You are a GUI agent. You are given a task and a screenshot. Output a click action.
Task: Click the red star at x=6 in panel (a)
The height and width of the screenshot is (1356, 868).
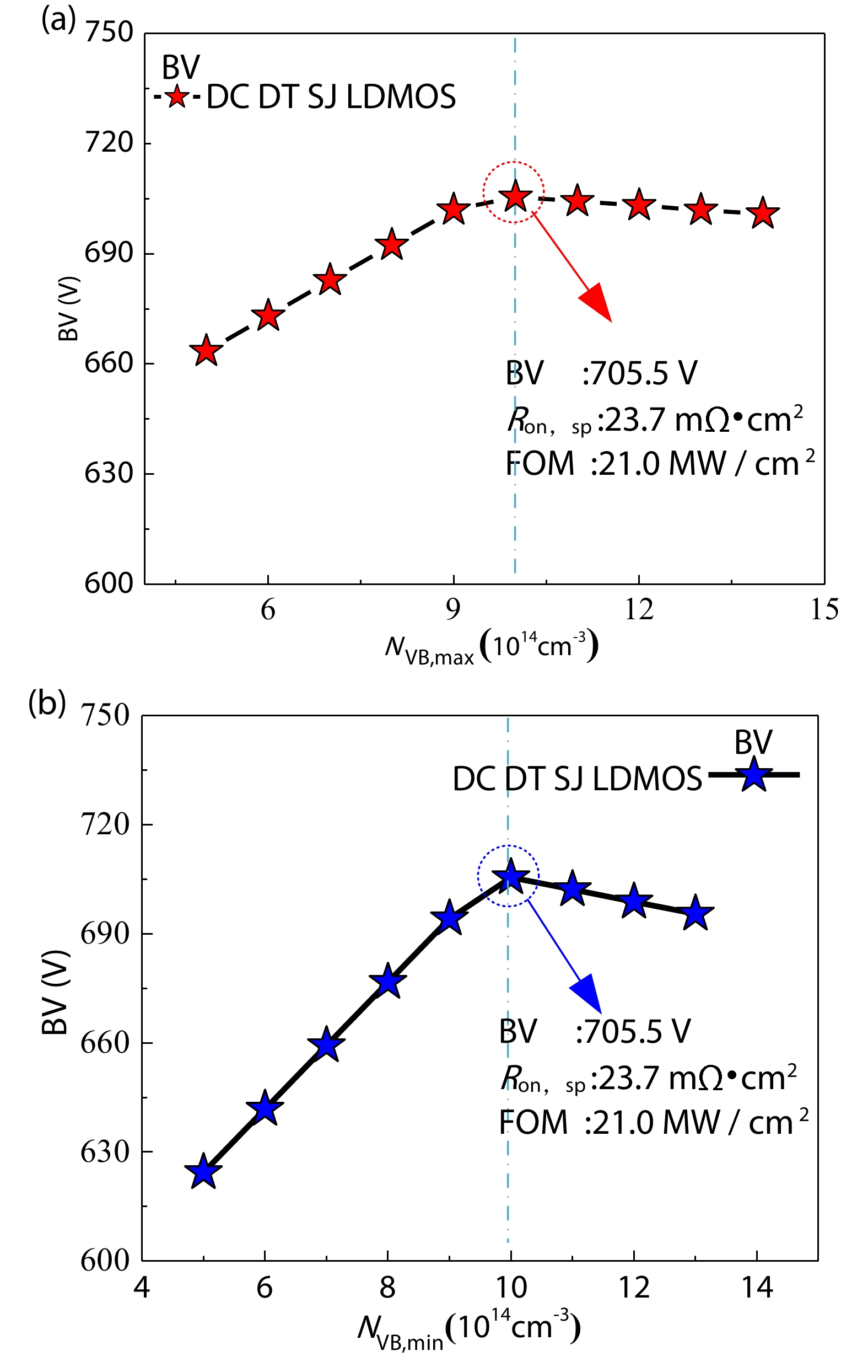pyautogui.click(x=268, y=316)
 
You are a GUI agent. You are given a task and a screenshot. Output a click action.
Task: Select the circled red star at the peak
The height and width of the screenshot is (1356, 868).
pyautogui.click(x=515, y=197)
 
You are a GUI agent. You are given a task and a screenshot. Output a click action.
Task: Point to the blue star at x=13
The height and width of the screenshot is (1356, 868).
pyautogui.click(x=696, y=913)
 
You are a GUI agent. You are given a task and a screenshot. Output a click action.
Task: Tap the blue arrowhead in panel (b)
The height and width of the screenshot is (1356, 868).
pyautogui.click(x=587, y=994)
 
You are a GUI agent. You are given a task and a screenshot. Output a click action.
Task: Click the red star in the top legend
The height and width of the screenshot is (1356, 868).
pyautogui.click(x=177, y=97)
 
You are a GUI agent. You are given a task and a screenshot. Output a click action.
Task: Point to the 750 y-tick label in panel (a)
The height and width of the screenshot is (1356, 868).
pyautogui.click(x=109, y=32)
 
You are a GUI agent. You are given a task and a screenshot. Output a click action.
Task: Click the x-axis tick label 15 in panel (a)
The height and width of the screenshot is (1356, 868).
pyautogui.click(x=824, y=610)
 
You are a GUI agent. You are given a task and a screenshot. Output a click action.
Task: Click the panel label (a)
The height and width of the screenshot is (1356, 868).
pyautogui.click(x=58, y=21)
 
